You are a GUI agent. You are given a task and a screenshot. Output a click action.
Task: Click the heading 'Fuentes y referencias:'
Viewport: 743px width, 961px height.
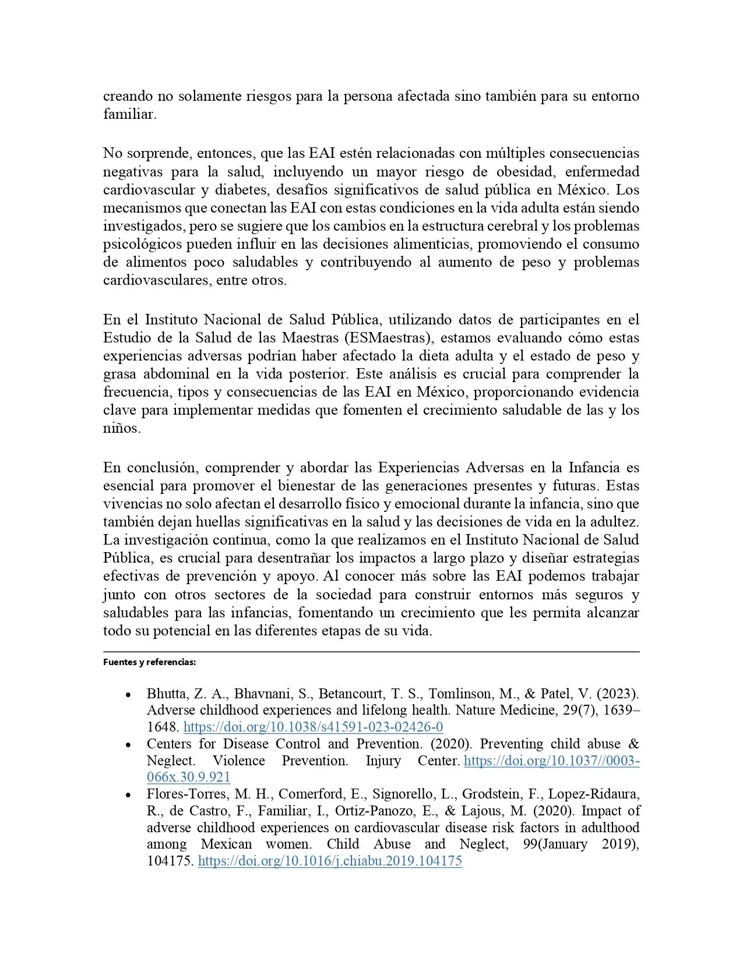click(x=149, y=662)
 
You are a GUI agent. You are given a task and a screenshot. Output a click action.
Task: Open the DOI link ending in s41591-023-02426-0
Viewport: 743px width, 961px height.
click(x=313, y=727)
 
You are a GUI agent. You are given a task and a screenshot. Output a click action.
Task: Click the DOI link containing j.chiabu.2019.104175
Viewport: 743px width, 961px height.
click(x=330, y=861)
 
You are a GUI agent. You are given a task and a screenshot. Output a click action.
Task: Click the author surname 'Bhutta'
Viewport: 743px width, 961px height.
click(x=166, y=694)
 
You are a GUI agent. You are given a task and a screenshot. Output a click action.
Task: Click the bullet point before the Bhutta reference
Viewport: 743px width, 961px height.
click(x=128, y=694)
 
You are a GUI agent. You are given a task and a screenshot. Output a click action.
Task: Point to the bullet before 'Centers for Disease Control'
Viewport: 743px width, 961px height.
click(x=128, y=744)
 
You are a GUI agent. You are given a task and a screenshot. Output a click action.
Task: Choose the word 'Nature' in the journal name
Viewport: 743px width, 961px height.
click(x=475, y=710)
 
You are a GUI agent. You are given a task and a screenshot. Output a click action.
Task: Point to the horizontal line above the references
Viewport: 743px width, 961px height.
click(x=371, y=652)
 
